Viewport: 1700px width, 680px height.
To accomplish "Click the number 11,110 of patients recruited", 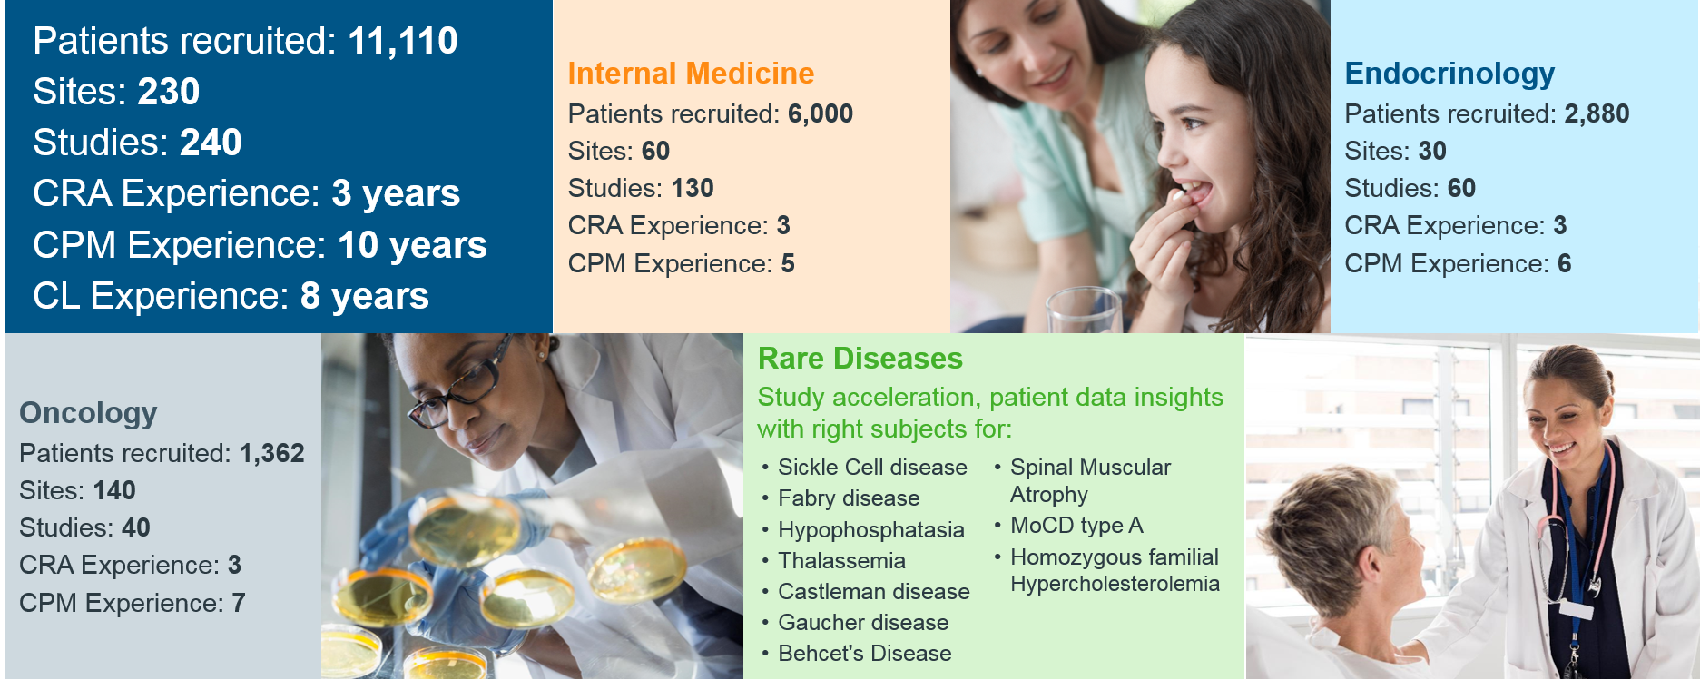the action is click(403, 41).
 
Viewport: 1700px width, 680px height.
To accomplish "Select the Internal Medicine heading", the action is click(691, 73).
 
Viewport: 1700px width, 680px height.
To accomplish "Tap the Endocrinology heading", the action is click(1449, 73).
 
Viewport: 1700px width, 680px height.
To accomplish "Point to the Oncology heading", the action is click(88, 413).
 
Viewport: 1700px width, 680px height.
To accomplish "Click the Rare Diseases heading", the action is click(860, 359).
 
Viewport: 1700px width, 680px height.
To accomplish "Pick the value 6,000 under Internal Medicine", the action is click(821, 113).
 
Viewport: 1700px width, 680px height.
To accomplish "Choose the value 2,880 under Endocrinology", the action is click(1597, 113).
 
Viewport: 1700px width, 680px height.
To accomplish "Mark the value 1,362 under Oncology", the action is click(271, 453).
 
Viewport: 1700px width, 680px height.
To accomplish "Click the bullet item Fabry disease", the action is click(849, 498).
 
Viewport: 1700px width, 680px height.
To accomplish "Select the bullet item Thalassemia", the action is click(841, 561).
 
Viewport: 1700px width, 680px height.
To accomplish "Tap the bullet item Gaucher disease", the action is click(863, 623).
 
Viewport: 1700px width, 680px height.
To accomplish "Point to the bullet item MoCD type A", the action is click(1076, 526).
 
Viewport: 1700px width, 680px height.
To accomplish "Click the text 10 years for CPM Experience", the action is click(412, 245).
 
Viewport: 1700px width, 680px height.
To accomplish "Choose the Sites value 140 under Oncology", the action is click(113, 490).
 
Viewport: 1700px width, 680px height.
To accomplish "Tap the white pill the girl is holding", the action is click(1177, 194).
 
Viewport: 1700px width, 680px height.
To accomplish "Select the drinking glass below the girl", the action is click(1085, 310).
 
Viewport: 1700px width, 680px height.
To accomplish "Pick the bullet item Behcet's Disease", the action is click(864, 654).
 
